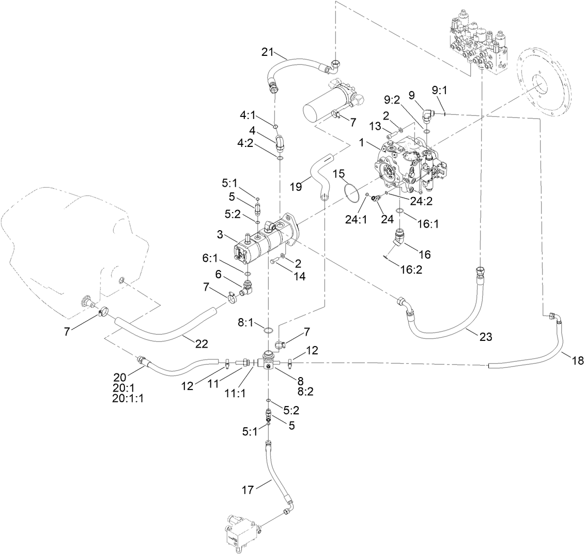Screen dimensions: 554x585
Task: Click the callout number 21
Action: tap(267, 52)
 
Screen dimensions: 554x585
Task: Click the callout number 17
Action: tap(249, 489)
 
